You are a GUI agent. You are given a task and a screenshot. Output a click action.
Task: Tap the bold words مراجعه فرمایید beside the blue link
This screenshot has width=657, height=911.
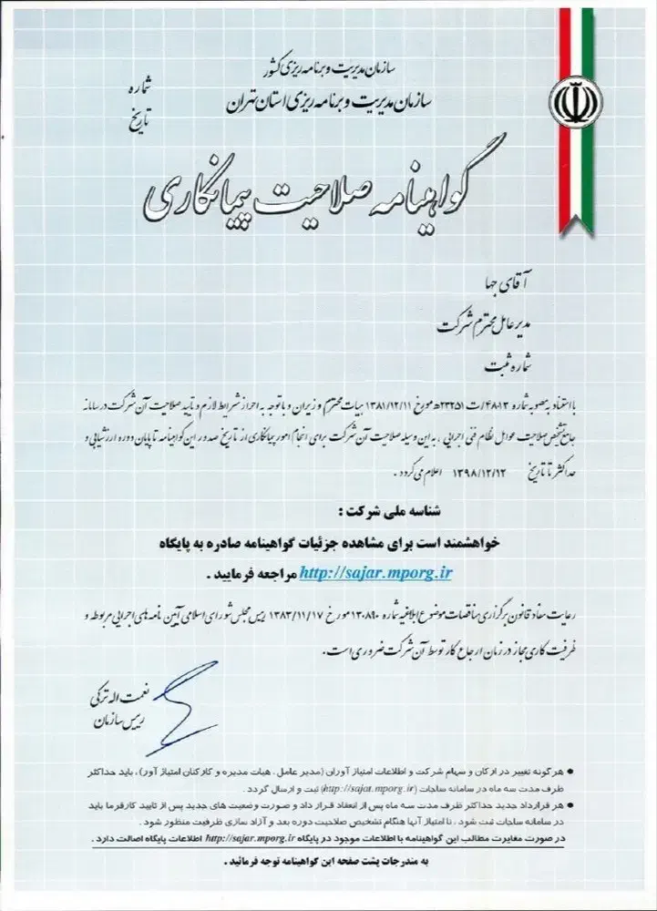(x=243, y=575)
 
